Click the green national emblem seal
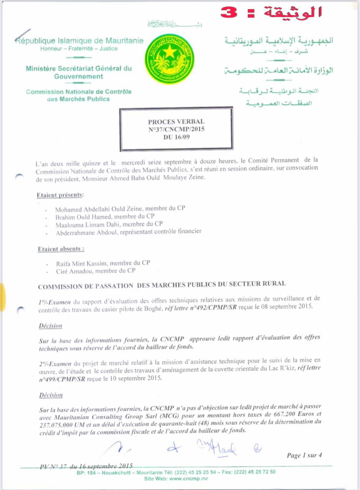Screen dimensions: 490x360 pos(169,59)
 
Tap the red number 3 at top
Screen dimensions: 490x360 pos(229,12)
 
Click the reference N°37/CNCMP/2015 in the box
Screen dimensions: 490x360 pos(176,129)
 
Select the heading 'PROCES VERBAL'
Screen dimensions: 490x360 pos(176,122)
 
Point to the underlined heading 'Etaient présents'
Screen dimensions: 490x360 pos(60,195)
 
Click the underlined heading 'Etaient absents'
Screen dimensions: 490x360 pos(61,249)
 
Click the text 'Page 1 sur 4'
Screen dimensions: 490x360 pos(304,455)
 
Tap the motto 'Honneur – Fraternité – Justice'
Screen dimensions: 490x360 pos(79,49)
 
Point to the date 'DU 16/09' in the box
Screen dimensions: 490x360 pos(176,137)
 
